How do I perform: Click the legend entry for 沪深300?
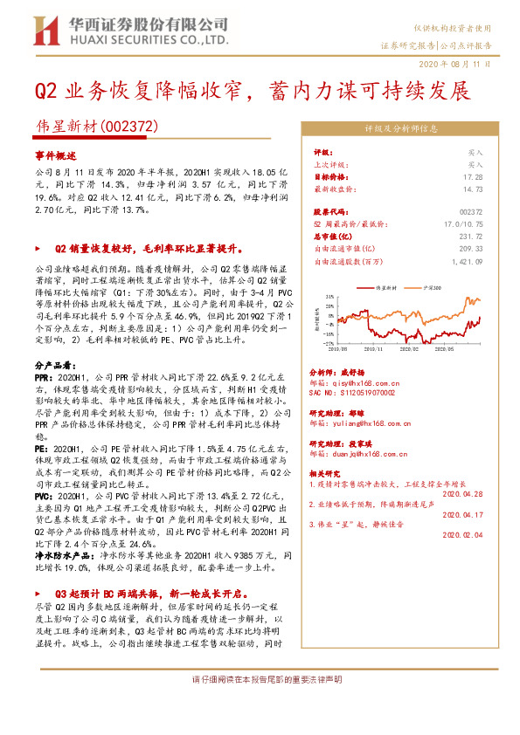click(432, 286)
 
